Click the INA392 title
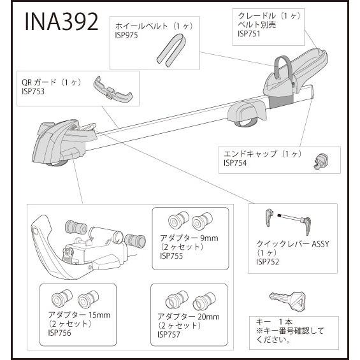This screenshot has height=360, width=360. click(62, 21)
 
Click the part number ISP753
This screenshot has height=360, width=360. click(33, 92)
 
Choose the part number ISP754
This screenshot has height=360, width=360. click(236, 162)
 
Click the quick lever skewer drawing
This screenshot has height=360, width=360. click(288, 221)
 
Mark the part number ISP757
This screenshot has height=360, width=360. click(170, 334)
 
